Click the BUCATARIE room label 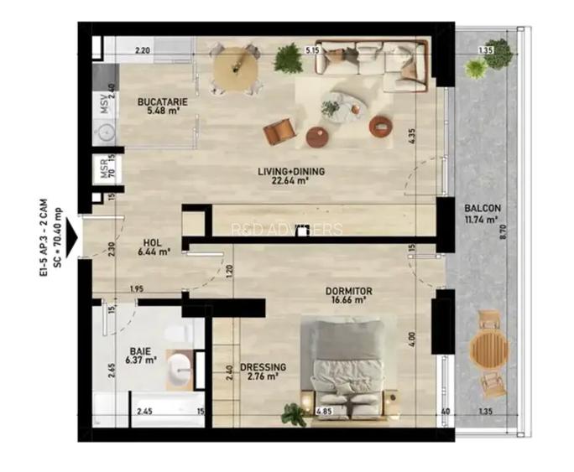(163, 102)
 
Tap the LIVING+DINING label (291, 172)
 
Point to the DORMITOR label (349, 292)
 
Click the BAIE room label (140, 352)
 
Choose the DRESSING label (263, 367)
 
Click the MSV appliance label (105, 105)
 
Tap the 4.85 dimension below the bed (323, 412)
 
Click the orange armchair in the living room (279, 132)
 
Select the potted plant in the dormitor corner (294, 413)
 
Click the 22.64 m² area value (291, 179)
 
